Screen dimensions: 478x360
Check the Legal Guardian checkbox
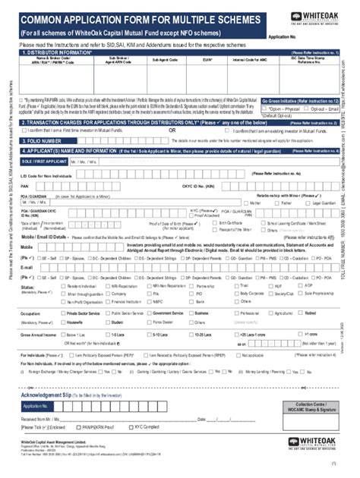pyautogui.click(x=305, y=203)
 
